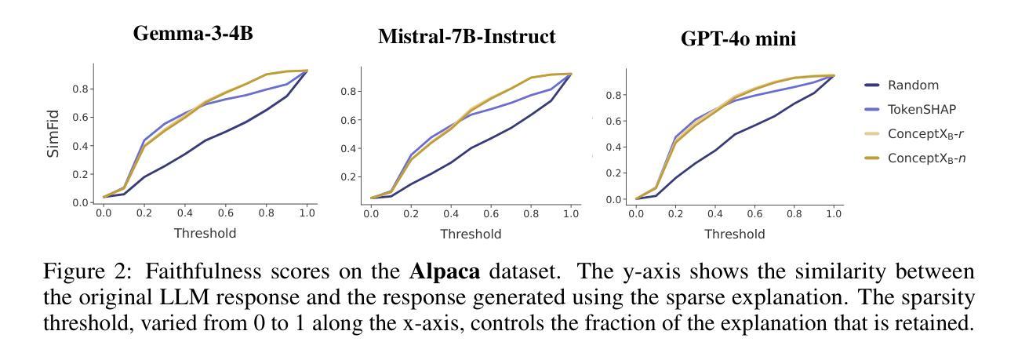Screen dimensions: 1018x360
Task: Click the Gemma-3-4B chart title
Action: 193,34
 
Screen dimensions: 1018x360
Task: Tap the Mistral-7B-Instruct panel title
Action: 467,36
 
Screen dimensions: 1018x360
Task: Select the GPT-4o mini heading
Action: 738,38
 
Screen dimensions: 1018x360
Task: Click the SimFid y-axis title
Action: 53,133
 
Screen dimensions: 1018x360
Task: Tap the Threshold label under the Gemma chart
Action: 205,233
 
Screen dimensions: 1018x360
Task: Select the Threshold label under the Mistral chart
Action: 471,234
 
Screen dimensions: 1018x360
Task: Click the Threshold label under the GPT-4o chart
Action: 735,234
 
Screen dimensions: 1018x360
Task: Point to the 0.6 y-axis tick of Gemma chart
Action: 80,118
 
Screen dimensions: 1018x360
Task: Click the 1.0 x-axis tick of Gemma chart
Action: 307,213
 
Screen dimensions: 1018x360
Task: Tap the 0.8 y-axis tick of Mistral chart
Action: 348,91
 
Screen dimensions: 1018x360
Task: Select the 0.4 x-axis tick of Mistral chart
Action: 451,213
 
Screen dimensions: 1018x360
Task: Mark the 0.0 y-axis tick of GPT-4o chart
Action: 613,199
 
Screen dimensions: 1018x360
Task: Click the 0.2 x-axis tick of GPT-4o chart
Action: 675,213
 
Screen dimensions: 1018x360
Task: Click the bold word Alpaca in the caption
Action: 445,271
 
